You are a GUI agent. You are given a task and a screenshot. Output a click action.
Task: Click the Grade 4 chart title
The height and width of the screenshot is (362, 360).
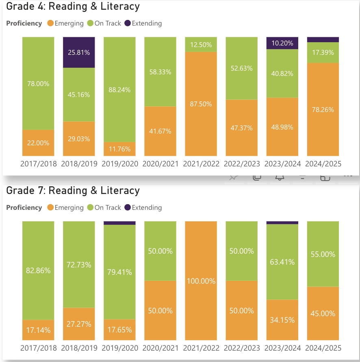[73, 6]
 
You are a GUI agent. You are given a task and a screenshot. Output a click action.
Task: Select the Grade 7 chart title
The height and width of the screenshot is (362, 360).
[73, 191]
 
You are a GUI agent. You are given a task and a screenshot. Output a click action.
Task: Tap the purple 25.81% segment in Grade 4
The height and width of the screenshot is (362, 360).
[79, 52]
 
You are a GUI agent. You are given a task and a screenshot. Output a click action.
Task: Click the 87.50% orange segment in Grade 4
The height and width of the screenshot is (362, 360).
[201, 104]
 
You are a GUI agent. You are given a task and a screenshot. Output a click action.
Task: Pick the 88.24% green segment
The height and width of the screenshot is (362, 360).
[119, 90]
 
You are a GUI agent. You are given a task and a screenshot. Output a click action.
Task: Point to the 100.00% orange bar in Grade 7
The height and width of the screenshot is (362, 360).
[201, 281]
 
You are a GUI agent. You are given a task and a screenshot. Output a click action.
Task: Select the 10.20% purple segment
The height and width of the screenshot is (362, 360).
[282, 43]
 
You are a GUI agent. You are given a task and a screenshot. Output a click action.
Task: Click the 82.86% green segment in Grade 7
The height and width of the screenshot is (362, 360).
[38, 270]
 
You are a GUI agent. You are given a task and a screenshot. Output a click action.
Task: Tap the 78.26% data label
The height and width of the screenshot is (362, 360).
[323, 110]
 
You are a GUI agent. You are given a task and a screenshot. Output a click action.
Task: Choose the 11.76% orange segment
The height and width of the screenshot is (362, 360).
[119, 149]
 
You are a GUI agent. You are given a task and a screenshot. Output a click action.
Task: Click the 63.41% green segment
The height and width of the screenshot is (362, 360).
[282, 262]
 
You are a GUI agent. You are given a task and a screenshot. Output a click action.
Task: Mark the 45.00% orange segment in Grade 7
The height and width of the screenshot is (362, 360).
[323, 313]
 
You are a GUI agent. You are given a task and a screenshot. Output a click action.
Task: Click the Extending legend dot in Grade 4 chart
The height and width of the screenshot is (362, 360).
[128, 24]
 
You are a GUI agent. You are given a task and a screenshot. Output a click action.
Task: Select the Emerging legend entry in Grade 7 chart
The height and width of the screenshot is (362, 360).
[65, 207]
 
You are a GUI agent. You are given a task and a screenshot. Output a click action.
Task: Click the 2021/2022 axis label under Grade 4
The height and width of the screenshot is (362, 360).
[201, 164]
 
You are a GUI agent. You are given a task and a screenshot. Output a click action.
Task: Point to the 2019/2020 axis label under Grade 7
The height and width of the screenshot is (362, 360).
[119, 348]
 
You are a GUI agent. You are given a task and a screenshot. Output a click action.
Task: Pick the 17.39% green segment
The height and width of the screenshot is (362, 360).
[323, 53]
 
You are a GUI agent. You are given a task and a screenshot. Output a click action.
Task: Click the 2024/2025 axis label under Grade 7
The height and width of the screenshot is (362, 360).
[323, 348]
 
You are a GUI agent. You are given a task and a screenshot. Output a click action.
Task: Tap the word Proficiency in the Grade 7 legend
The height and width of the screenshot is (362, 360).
[24, 207]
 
